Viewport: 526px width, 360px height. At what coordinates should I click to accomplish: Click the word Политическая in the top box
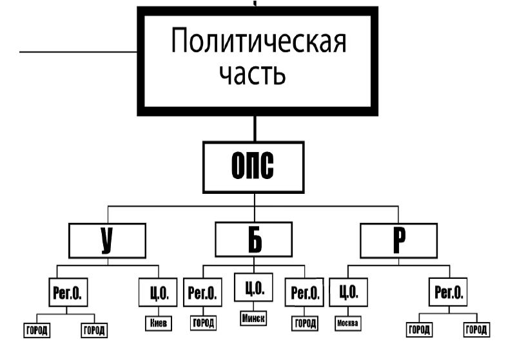point(258,43)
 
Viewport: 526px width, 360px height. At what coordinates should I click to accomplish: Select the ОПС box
point(252,167)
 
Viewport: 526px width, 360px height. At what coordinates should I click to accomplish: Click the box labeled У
point(107,241)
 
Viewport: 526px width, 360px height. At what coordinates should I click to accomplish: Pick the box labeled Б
point(255,241)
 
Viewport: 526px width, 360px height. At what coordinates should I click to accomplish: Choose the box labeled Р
point(398,241)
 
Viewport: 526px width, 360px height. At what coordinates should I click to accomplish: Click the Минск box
point(254,318)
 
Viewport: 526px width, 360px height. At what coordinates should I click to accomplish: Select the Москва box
point(348,323)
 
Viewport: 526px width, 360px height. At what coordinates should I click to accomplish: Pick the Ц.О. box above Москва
point(348,293)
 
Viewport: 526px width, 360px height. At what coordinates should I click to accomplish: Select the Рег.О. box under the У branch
point(68,293)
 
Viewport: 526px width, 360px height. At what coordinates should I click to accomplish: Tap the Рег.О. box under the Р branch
point(447,293)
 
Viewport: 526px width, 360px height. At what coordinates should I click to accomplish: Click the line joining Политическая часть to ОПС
point(256,128)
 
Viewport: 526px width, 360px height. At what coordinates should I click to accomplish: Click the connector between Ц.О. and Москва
point(348,311)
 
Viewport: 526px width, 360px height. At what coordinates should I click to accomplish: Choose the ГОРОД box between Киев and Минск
point(204,323)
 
